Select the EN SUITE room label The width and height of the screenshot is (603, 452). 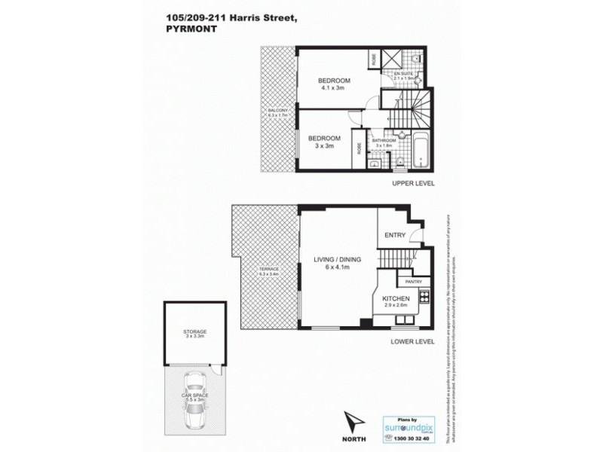[x=405, y=74]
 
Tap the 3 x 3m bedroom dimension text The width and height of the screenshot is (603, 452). [x=325, y=148]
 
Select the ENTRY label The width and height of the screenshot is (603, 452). [x=395, y=235]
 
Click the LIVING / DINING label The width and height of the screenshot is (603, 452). [x=338, y=259]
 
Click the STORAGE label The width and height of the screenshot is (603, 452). [x=194, y=331]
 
